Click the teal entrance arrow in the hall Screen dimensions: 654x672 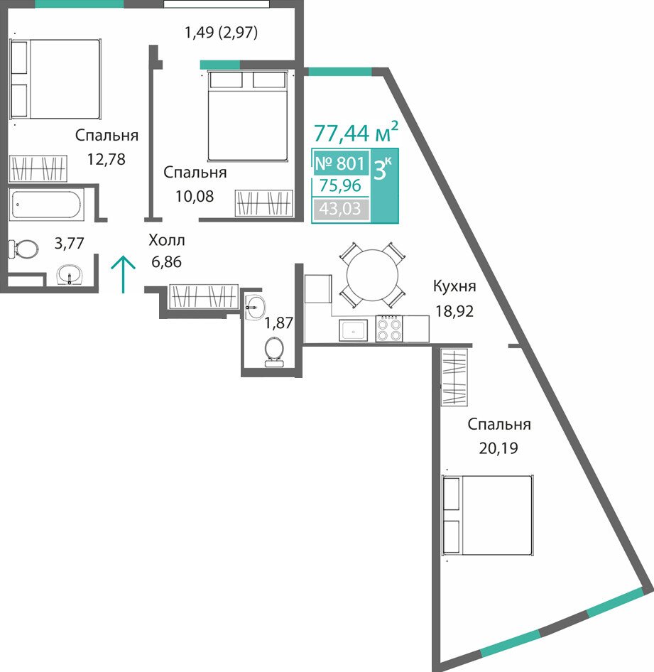tap(124, 274)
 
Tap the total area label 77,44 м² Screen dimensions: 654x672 tap(356, 131)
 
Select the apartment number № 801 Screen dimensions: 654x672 tap(339, 163)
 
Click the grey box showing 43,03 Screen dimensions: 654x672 tap(340, 209)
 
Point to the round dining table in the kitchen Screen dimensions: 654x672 tap(372, 276)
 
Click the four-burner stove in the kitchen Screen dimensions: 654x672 tap(389, 329)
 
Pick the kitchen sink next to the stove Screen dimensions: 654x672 tap(354, 330)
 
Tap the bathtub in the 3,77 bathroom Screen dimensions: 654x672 tap(46, 205)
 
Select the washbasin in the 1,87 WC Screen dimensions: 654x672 tap(255, 307)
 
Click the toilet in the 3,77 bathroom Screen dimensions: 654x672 tap(23, 249)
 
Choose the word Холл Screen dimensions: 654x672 tap(167, 240)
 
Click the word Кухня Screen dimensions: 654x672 tap(454, 286)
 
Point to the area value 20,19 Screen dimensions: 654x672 tap(498, 448)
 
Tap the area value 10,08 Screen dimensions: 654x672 tap(195, 196)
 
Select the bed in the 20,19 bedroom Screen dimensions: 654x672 tap(487, 515)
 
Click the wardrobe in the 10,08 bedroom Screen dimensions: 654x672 tap(264, 203)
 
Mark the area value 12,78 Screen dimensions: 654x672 tap(107, 159)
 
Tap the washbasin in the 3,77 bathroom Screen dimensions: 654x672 tap(70, 274)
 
